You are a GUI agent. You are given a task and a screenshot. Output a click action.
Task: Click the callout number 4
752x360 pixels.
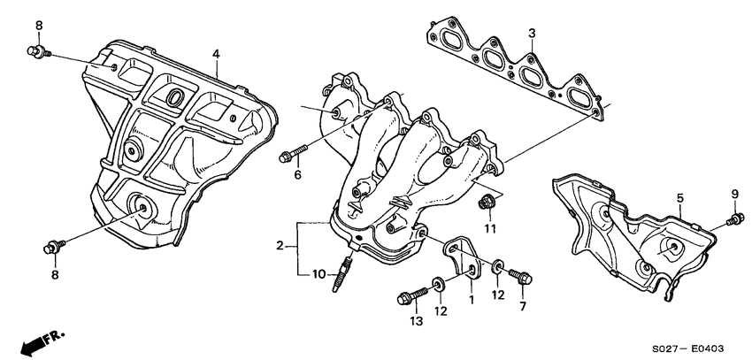[215, 55]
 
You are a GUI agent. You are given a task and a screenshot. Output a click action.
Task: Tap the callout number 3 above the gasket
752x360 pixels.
[532, 34]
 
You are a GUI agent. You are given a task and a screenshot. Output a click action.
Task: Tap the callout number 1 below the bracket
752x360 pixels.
[471, 300]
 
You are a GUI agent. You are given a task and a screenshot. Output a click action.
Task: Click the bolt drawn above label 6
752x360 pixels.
[289, 157]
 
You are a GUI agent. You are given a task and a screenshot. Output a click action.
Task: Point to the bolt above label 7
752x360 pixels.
[522, 277]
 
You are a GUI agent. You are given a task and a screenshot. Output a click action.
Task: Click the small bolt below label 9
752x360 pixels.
[733, 219]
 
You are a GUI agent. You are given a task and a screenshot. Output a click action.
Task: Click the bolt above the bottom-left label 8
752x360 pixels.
[52, 244]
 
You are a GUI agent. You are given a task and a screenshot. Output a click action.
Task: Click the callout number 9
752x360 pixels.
[733, 194]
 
